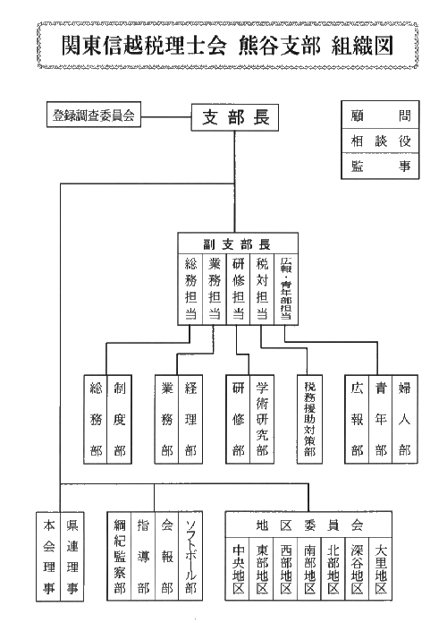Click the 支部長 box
pos(235,117)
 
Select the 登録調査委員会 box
pos(94,115)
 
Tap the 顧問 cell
pos(380,115)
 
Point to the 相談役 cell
pos(380,141)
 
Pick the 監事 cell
pos(380,166)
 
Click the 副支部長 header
pos(238,244)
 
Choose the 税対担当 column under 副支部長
pos(262,290)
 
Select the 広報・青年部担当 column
pos(286,290)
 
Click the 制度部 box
pos(120,419)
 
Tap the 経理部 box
pos(190,419)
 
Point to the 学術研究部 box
pos(262,419)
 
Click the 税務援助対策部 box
pos(309,419)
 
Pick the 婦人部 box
pos(404,419)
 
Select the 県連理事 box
pos(72,556)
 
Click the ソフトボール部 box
pos(190,556)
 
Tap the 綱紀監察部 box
pos(120,556)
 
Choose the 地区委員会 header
pos(308,525)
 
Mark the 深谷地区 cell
pos(358,569)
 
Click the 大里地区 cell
pos(381,569)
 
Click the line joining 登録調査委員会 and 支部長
pos(166,117)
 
